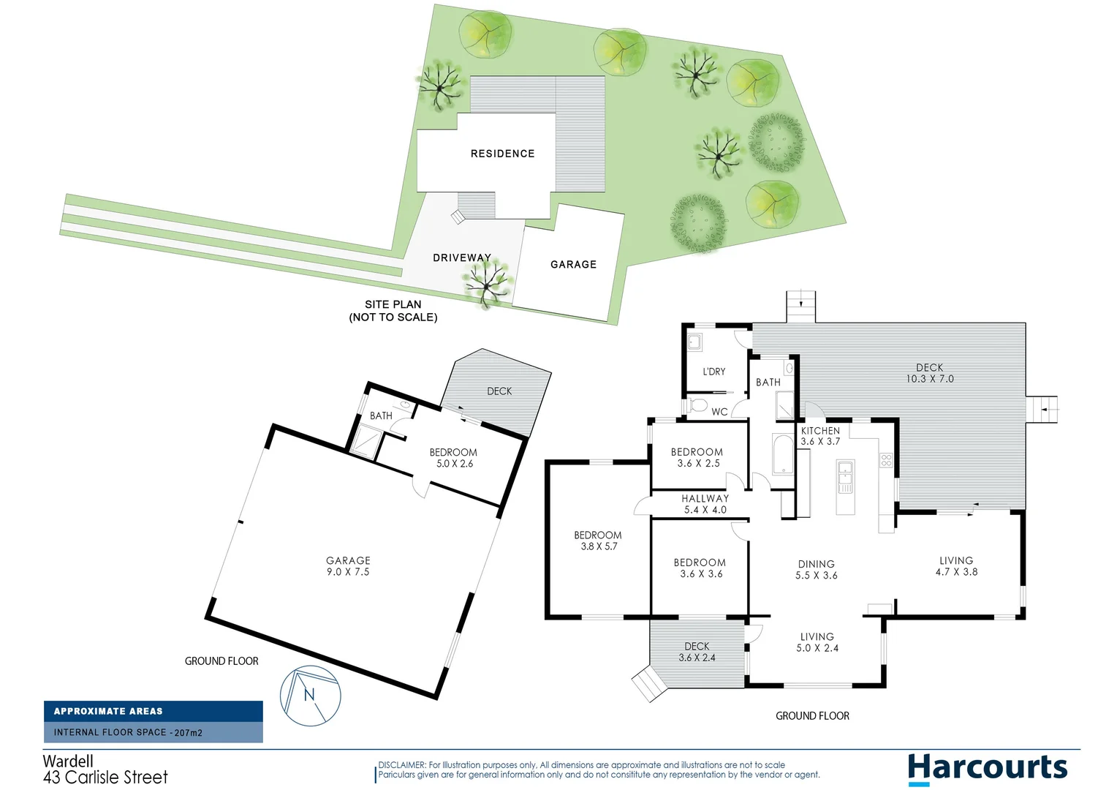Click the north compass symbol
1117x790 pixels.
tap(311, 696)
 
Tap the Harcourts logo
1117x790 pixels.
tap(987, 768)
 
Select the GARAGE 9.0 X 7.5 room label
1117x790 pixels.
tap(348, 566)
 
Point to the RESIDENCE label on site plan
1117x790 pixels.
tap(502, 154)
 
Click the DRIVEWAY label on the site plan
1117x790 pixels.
tap(461, 257)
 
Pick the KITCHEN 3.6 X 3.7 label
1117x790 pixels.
tap(820, 436)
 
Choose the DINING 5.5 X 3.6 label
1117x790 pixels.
tap(816, 570)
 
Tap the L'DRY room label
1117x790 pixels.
tap(713, 372)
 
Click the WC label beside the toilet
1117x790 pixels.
tap(719, 412)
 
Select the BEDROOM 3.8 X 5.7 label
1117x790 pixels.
tap(598, 541)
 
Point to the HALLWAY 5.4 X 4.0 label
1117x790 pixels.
tap(705, 504)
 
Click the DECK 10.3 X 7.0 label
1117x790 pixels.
tap(929, 373)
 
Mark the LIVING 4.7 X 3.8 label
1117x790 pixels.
tap(956, 566)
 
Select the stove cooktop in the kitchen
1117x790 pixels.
tap(886, 460)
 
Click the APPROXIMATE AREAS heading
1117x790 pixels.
tap(108, 711)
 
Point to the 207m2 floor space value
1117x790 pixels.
tap(188, 732)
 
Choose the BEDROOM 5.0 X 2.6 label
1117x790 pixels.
tap(454, 458)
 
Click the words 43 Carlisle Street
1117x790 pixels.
tap(105, 777)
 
